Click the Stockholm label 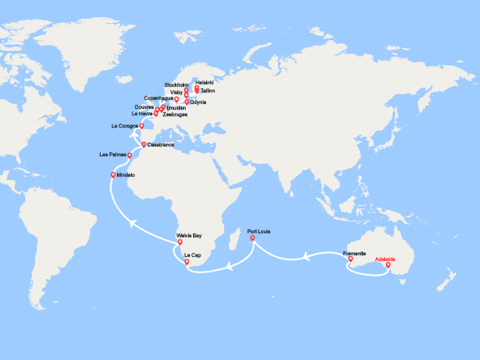pos(177,85)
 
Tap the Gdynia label pos(200,102)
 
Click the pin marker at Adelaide pos(388,265)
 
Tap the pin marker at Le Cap pos(188,262)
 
